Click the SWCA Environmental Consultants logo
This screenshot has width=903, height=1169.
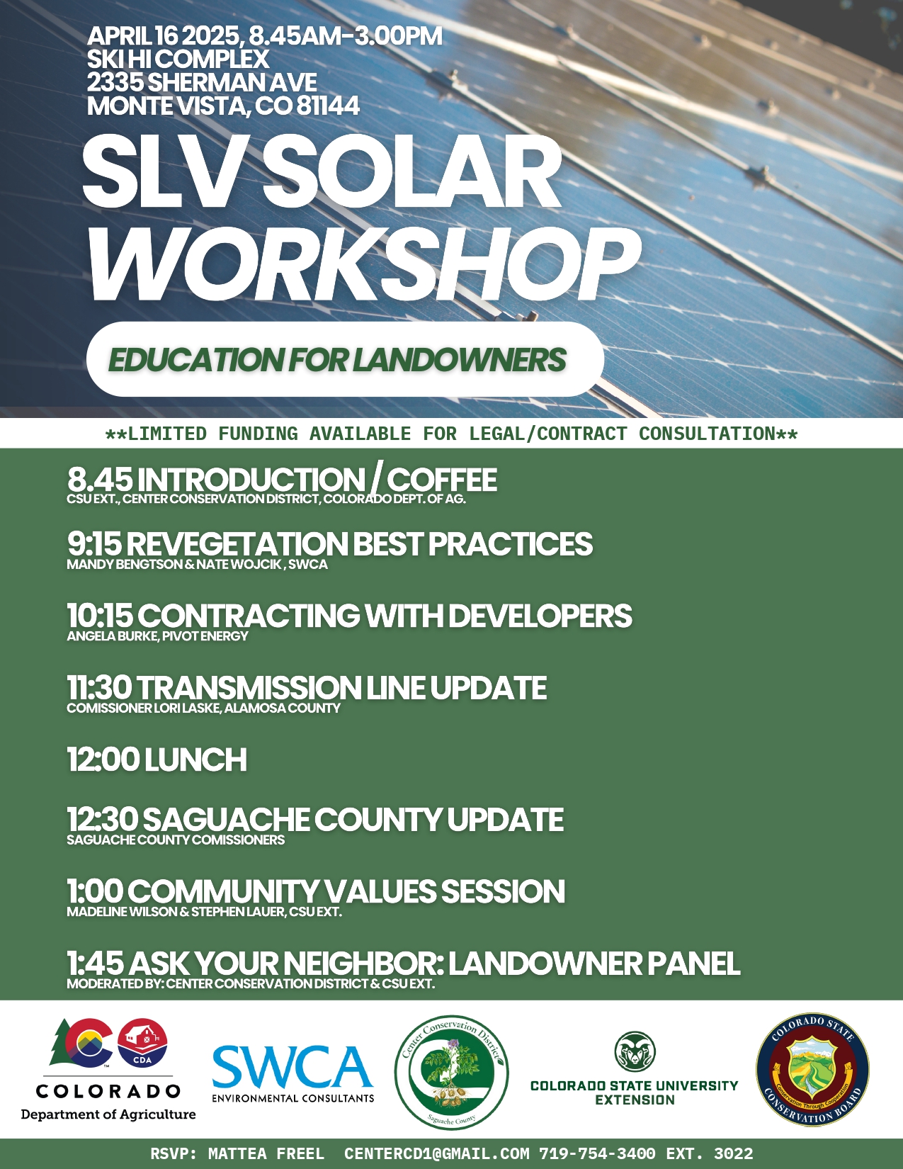point(293,1073)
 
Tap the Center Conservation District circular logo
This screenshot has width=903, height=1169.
point(451,1072)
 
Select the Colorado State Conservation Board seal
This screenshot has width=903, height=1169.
point(812,1070)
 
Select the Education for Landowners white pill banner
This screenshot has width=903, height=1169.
point(344,359)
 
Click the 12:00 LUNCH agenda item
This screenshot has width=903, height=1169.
point(157,759)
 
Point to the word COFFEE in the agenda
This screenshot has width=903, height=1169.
point(441,480)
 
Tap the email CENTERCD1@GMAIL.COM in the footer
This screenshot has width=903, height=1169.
point(436,1154)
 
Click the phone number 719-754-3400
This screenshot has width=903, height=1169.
point(597,1154)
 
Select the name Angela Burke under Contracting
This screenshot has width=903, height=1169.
point(112,636)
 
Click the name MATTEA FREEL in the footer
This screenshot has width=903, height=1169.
point(266,1154)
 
